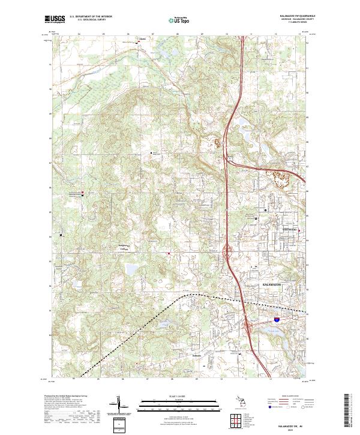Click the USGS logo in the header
pyautogui.click(x=55, y=19)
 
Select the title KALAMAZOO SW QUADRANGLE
pyautogui.click(x=298, y=16)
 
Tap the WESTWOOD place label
pyautogui.click(x=289, y=229)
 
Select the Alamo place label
pyautogui.click(x=142, y=40)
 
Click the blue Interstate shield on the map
pyautogui.click(x=276, y=322)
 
